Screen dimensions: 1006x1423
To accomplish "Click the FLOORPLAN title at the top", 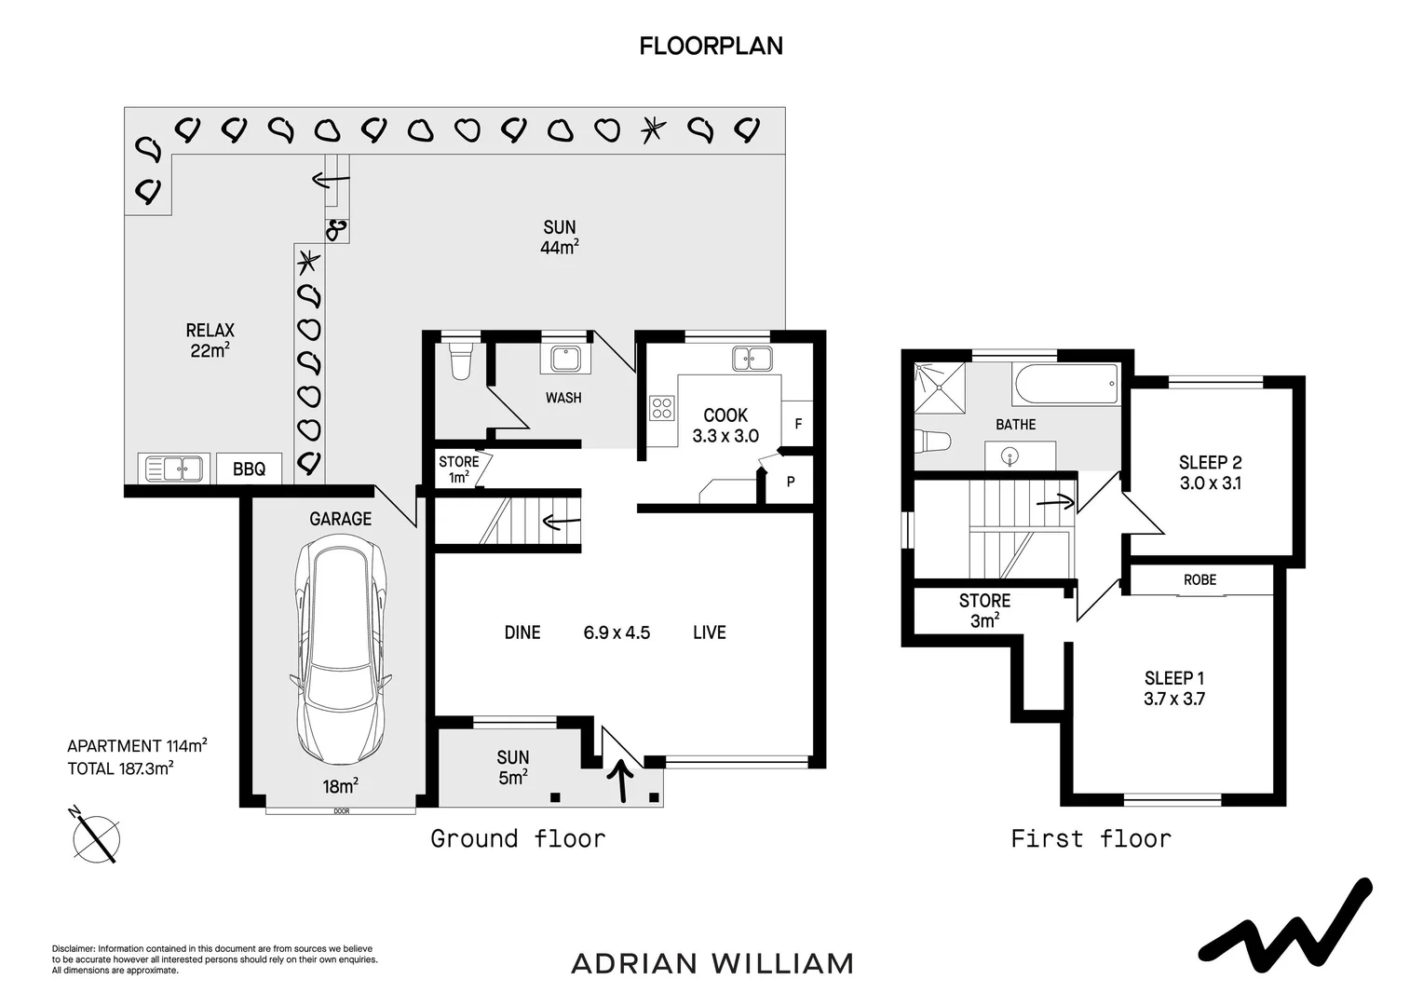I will (711, 46).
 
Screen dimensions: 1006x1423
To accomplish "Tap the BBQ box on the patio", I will (249, 469).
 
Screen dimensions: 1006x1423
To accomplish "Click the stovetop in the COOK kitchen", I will (662, 408).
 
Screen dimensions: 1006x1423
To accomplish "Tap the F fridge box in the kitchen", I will (797, 424).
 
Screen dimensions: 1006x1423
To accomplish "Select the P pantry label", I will (791, 482).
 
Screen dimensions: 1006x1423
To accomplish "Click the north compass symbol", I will (96, 836).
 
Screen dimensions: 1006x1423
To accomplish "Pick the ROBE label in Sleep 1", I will (1199, 579).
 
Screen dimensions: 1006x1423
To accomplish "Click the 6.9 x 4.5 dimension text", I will (617, 632).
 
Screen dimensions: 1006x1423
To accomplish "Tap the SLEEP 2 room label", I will (1210, 463).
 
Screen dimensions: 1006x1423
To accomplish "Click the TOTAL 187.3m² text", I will (121, 768).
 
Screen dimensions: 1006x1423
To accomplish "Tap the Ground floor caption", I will (518, 838).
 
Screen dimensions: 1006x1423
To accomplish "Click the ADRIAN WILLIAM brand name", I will (711, 962).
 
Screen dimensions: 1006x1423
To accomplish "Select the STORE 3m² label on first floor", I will (984, 610).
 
